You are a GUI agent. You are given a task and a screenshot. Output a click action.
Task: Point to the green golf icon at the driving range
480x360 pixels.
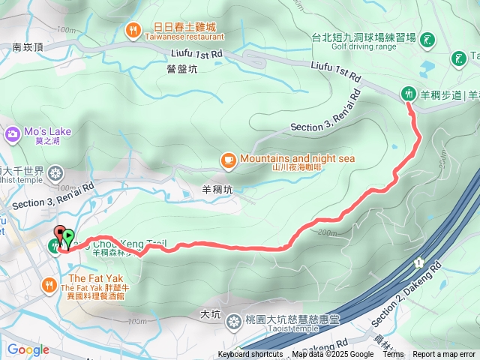coord(427,39)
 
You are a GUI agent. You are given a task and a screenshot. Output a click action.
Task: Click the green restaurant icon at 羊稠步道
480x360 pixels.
coord(409,94)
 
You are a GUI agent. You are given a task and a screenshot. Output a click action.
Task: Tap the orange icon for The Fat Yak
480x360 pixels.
coord(49,283)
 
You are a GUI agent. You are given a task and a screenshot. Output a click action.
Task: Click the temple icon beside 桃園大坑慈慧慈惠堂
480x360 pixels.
coord(234,321)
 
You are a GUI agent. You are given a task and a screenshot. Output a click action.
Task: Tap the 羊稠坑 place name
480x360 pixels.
coord(217,190)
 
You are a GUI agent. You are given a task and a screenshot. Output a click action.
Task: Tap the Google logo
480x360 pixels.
coord(28,349)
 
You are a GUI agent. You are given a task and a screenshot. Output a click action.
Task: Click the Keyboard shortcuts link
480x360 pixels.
coord(251,355)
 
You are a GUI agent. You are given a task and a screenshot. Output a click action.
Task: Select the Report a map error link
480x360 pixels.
coord(444,355)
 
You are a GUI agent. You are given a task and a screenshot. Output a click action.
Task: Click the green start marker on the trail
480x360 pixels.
coord(67,238)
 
